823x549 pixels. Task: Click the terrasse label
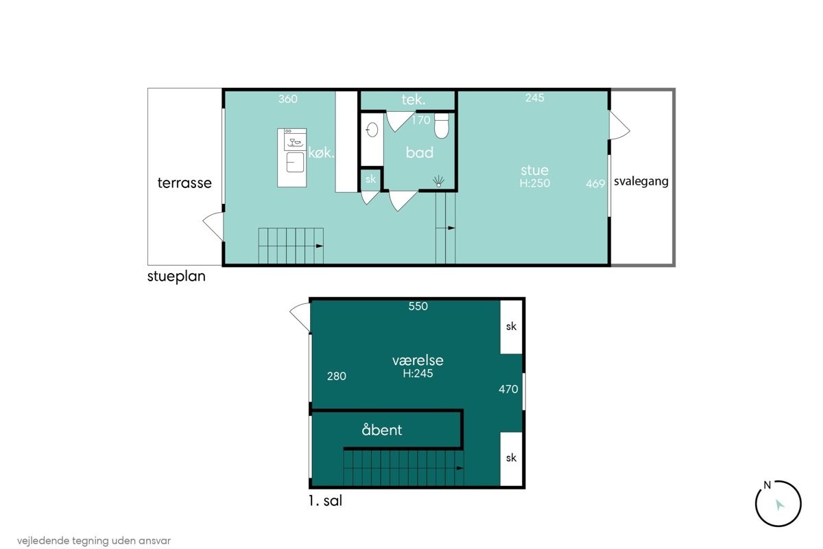(x=184, y=183)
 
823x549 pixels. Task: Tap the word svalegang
(x=641, y=181)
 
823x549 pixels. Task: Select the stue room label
(x=534, y=170)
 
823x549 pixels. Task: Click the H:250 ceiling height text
(x=534, y=183)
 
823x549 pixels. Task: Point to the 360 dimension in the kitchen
(x=287, y=99)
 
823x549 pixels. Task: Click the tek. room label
(x=414, y=100)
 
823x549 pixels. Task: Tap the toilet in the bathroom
(x=442, y=126)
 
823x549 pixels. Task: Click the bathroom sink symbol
(x=372, y=130)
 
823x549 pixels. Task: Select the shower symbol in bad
(x=438, y=181)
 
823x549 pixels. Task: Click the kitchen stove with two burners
(x=295, y=140)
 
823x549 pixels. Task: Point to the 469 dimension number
(x=595, y=183)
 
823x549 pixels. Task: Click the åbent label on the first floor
(x=382, y=430)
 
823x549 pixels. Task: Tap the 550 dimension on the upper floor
(x=418, y=306)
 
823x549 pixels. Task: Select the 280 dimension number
(x=337, y=376)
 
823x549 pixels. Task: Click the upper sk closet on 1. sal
(x=511, y=327)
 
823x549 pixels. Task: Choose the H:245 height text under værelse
(x=418, y=373)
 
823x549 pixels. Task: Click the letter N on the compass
(x=767, y=485)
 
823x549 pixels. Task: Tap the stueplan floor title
(x=176, y=277)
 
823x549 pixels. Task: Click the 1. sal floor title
(x=326, y=501)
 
